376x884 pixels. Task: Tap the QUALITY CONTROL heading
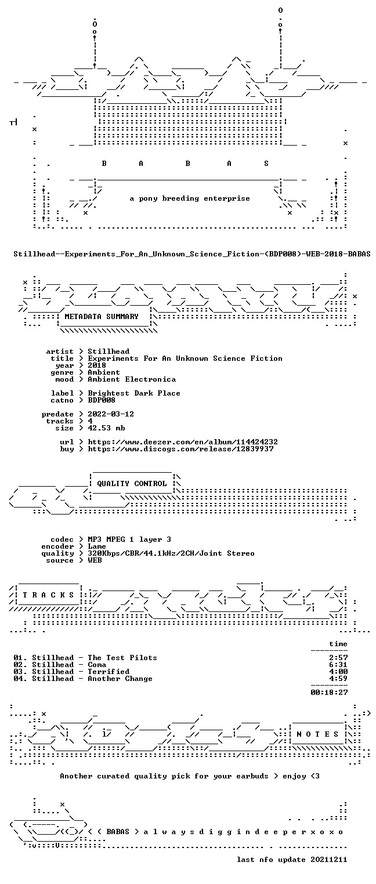point(132,483)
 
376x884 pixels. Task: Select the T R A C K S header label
point(49,595)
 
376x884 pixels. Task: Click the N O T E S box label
point(317,734)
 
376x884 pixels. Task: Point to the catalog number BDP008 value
point(102,400)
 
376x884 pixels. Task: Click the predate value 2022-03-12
point(111,414)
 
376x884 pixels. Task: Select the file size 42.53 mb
point(106,428)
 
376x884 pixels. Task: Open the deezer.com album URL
point(183,442)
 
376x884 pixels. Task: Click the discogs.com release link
point(180,449)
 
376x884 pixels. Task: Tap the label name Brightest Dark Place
point(134,393)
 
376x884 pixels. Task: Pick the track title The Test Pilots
point(122,657)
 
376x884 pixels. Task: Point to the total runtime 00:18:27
point(329,692)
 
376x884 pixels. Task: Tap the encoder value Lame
point(97,546)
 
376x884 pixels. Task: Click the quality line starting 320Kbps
point(171,553)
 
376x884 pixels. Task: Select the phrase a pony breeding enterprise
point(190,198)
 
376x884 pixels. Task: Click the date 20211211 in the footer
point(329,860)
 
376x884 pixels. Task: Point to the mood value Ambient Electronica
point(132,379)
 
